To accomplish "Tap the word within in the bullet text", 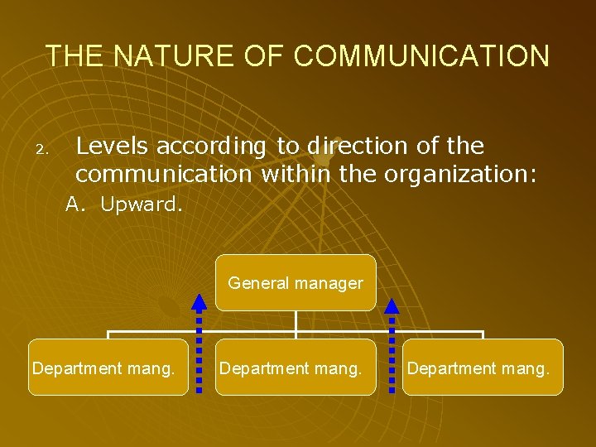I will click(298, 175).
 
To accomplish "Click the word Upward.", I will click(141, 204).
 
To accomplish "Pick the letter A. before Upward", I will click(76, 204).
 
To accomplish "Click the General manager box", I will click(296, 283).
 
